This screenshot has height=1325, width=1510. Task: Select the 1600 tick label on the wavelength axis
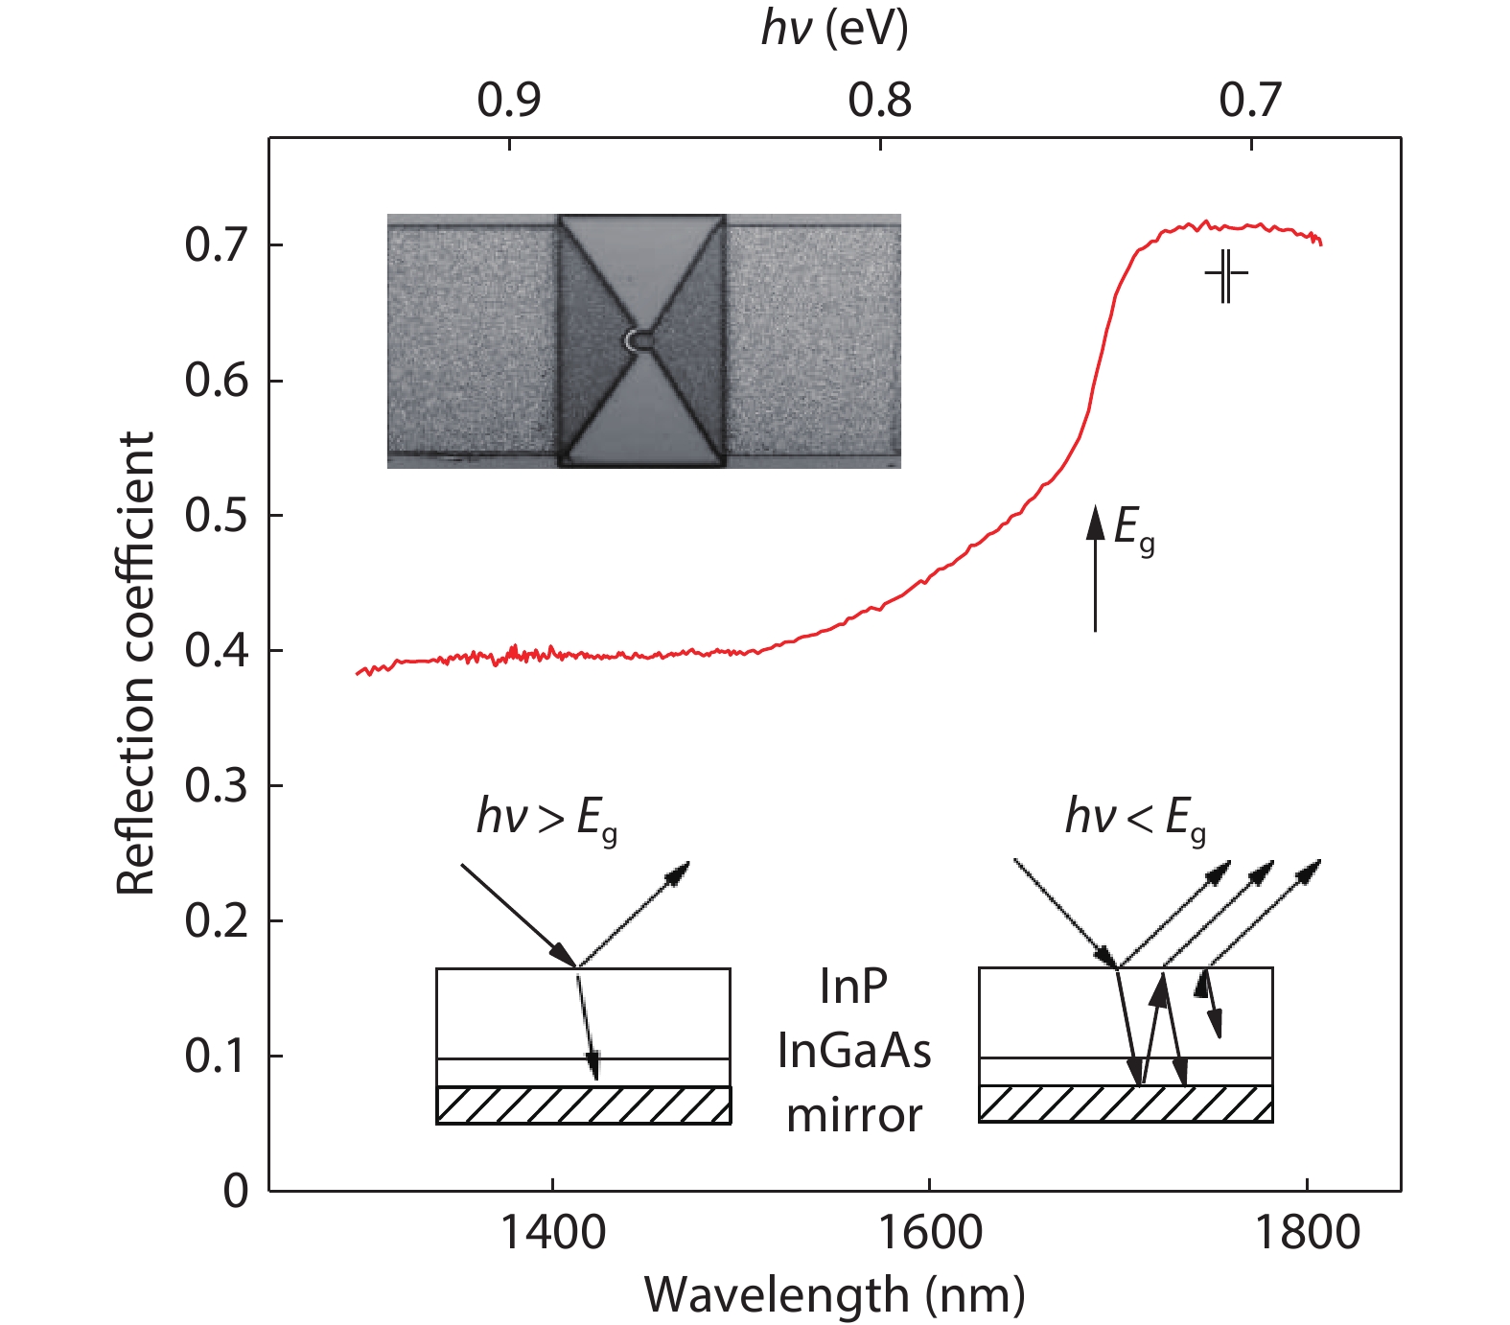tap(930, 1232)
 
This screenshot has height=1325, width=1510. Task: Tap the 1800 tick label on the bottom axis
tap(1307, 1232)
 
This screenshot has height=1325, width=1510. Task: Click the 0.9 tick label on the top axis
tap(509, 100)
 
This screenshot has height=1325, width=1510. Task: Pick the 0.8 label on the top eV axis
tap(880, 100)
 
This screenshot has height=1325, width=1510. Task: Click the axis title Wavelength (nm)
tap(834, 1295)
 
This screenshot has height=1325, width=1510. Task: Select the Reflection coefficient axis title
tap(136, 663)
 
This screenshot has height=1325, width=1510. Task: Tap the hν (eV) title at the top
tap(834, 29)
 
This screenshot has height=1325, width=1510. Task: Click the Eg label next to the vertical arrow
tap(1134, 529)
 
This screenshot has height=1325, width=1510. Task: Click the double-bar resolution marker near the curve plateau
tap(1226, 276)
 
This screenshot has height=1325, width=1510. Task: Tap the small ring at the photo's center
tap(636, 339)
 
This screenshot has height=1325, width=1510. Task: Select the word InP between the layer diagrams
tap(853, 987)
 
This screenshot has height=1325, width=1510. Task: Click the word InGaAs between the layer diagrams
tap(853, 1051)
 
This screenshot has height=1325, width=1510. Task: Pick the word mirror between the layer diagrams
tap(853, 1115)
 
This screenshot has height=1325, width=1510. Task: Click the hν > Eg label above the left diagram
tap(546, 820)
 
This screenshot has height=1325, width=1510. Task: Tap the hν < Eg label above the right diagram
tap(1135, 820)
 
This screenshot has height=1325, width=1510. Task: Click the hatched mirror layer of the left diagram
tap(583, 1104)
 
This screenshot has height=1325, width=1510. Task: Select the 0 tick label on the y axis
tap(236, 1192)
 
